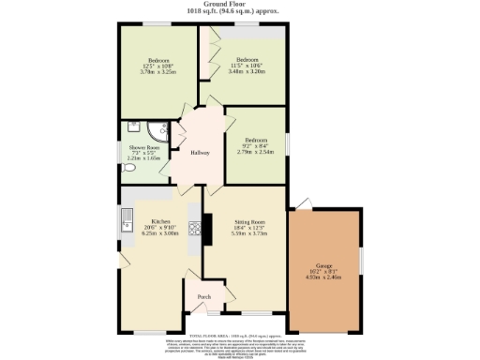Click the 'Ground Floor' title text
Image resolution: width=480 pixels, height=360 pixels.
tap(240, 5)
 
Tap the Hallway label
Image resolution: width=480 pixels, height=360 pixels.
tap(200, 153)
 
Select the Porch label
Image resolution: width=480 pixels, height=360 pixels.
tap(203, 298)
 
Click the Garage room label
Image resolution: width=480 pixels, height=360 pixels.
tap(324, 266)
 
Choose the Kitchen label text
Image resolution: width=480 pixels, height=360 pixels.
tap(151, 221)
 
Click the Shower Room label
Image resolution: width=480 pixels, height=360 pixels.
tap(144, 147)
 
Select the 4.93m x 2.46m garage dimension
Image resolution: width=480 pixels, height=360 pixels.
tap(324, 277)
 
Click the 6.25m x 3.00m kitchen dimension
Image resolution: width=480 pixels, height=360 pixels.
tap(151, 233)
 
